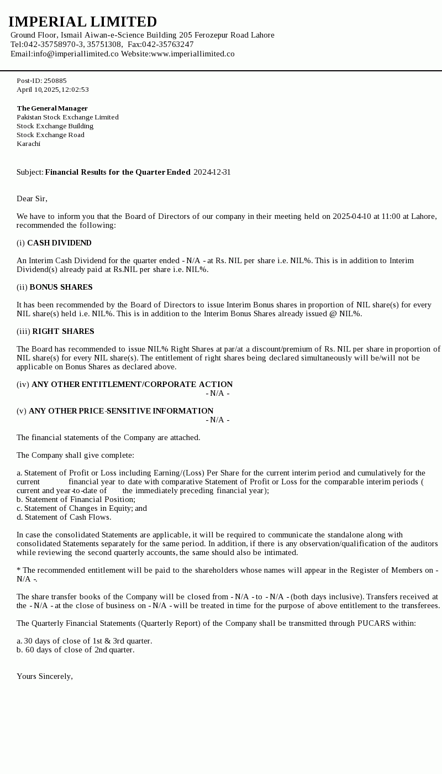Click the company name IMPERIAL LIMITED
coord(83,22)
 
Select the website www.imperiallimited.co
coord(193,54)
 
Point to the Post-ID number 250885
coord(55,81)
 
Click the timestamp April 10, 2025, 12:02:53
coord(52,90)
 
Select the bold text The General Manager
coord(52,108)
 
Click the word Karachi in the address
coord(28,144)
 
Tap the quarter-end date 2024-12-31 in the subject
coord(212,172)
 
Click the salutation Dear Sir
coord(32,198)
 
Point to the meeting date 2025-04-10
coord(352,216)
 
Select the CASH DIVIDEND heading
coord(59,243)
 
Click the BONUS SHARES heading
coord(61,287)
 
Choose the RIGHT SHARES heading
coord(63,331)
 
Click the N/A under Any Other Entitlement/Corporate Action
coord(218,393)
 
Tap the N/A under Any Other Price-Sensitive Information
coord(218,420)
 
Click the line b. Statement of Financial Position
coord(76,499)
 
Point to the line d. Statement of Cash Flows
coord(64,517)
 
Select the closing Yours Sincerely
coord(45,676)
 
